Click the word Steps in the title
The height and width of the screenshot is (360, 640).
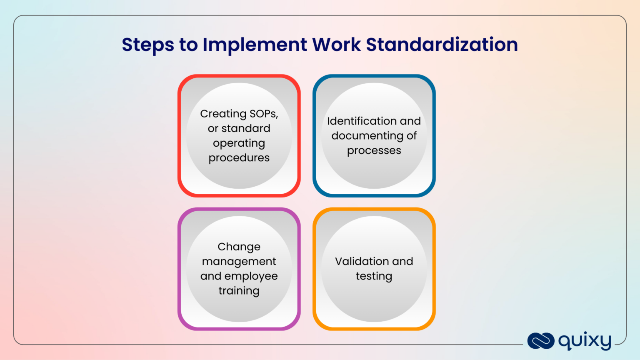(x=147, y=45)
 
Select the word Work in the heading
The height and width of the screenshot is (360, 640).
(x=336, y=45)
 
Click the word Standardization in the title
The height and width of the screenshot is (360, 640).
(x=442, y=45)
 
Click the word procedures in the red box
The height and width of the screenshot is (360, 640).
(x=239, y=158)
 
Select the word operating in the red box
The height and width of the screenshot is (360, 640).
(x=239, y=143)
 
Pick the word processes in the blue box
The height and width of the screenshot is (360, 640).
(x=374, y=151)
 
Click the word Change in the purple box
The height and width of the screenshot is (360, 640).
(x=239, y=247)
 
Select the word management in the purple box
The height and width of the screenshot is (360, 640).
(x=239, y=262)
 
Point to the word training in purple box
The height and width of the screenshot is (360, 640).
(x=239, y=291)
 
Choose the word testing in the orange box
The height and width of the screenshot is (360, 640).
(x=374, y=276)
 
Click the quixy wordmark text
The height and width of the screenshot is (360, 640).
(x=585, y=341)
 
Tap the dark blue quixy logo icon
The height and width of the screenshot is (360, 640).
(x=540, y=341)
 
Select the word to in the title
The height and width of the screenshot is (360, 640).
(x=188, y=45)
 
